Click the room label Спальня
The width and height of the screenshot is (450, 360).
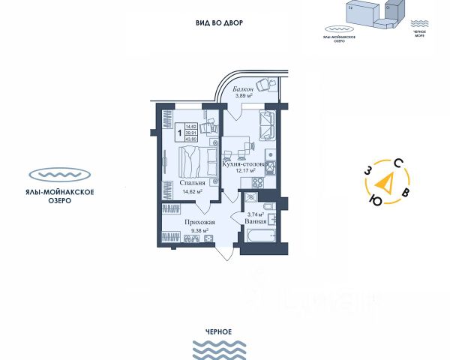click(193, 181)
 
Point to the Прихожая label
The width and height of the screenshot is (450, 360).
click(199, 222)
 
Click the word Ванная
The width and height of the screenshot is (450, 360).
click(256, 222)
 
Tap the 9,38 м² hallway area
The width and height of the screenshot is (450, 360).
click(199, 231)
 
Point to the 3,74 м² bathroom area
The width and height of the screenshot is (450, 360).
click(255, 214)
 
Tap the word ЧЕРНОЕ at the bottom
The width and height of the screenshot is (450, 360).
click(218, 331)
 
